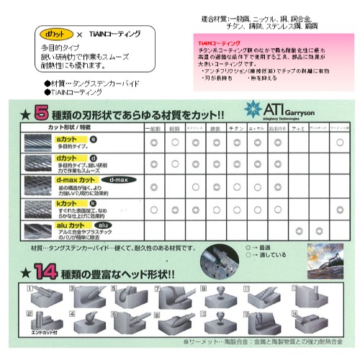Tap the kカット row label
click(x=66, y=204)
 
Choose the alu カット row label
click(x=71, y=225)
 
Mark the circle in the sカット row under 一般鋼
click(x=153, y=143)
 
